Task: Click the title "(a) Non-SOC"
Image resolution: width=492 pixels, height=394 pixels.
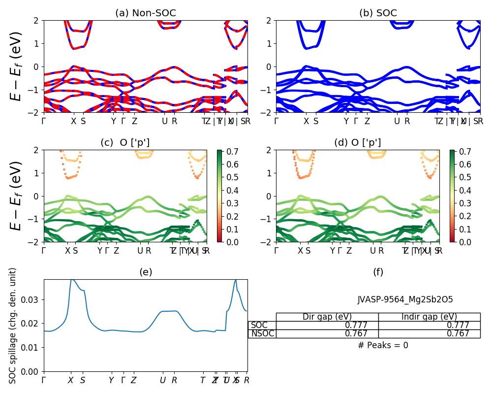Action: (x=145, y=13)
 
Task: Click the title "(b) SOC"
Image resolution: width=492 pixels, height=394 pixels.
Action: (x=378, y=13)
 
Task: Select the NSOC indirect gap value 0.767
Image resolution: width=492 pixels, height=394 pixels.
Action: (x=458, y=333)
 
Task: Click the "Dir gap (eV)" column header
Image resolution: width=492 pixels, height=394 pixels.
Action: (x=327, y=317)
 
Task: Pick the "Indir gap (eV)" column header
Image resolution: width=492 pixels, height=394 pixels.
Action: (x=429, y=317)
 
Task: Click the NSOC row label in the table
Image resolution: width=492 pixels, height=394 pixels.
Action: (x=262, y=333)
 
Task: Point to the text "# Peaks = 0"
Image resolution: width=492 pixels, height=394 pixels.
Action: (x=383, y=345)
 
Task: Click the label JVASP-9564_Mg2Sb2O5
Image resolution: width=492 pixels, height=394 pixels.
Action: (x=405, y=299)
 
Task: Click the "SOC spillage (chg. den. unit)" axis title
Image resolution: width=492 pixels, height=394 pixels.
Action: (x=13, y=325)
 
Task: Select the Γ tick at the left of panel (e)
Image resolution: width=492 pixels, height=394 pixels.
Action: (x=44, y=380)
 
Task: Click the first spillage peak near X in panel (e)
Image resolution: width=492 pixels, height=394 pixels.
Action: (x=72, y=279)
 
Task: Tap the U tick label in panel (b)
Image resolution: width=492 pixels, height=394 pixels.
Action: (x=397, y=121)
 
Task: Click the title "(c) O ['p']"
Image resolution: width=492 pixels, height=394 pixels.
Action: (x=125, y=143)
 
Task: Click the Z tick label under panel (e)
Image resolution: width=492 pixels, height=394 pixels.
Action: (x=133, y=380)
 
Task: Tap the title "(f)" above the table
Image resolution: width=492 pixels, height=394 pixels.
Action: (x=378, y=272)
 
